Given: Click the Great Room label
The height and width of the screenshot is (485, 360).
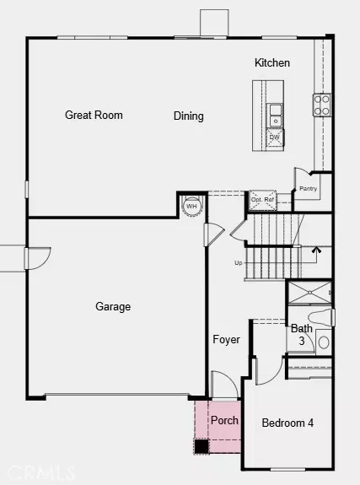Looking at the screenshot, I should click(94, 115).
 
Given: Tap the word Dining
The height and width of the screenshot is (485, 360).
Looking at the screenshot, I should click(188, 116).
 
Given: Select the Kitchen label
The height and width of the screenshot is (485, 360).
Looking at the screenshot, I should click(271, 62).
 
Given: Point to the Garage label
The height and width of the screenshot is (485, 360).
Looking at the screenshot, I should click(112, 307).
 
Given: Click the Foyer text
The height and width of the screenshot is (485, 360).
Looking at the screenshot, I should click(226, 340).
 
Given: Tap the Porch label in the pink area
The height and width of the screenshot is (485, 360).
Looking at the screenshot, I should click(224, 420).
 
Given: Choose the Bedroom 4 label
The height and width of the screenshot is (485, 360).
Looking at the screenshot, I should click(287, 423).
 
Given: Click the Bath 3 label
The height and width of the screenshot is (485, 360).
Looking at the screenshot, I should click(302, 335).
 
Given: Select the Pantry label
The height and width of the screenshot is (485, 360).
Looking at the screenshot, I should click(308, 188).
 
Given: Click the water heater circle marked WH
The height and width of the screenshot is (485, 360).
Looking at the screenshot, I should click(191, 206).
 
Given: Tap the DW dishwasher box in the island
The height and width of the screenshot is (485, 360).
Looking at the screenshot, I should click(275, 136).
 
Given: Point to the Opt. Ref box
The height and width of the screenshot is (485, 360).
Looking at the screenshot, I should click(263, 200).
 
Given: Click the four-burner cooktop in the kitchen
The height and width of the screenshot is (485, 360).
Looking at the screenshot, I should click(322, 104).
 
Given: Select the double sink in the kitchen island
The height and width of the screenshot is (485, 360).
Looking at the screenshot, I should click(275, 113).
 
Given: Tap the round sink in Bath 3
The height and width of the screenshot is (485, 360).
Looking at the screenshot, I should click(324, 343).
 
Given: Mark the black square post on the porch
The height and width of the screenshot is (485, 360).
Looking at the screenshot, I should click(201, 446).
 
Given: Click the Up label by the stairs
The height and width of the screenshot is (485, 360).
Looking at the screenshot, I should click(239, 262).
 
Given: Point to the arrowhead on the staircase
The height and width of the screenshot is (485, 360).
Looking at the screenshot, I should click(317, 249).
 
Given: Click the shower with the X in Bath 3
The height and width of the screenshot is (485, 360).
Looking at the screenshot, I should click(309, 293).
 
